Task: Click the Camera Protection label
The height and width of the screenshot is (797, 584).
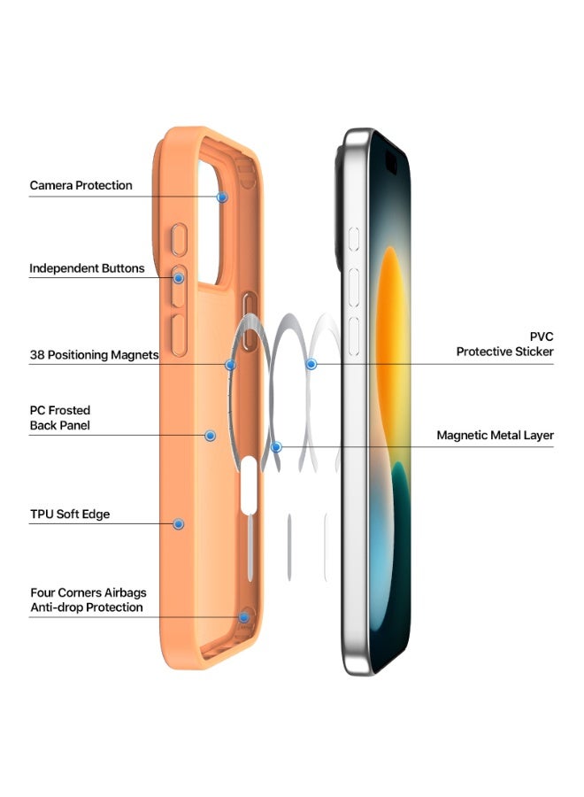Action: click(x=81, y=186)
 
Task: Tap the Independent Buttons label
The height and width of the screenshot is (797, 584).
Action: click(x=87, y=268)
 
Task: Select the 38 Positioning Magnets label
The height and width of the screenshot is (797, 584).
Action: click(x=94, y=355)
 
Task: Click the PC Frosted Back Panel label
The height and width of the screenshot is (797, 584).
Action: click(x=60, y=418)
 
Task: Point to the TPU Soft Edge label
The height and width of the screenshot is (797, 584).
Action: click(x=70, y=515)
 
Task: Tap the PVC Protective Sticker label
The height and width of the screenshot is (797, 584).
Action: click(x=504, y=344)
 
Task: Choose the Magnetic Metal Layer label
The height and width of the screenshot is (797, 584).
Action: click(x=496, y=436)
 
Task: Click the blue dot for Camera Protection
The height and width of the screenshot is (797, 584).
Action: click(x=222, y=197)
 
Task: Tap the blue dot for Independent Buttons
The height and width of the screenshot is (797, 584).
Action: click(x=178, y=278)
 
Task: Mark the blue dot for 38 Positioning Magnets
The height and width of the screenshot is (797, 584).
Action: click(x=230, y=365)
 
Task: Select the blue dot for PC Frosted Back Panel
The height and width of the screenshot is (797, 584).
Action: click(x=210, y=436)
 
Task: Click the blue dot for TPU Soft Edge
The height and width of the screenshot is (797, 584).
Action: click(x=178, y=524)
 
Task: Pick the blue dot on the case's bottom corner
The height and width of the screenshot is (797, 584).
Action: click(x=244, y=617)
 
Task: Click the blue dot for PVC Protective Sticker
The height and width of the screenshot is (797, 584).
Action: click(x=311, y=364)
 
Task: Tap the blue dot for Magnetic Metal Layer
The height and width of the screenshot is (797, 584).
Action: click(x=276, y=447)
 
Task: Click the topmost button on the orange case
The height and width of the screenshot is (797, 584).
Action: click(x=179, y=239)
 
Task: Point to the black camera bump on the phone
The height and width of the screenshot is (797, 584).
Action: click(x=338, y=208)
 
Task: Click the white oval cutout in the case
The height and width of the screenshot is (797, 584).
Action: click(x=249, y=484)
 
